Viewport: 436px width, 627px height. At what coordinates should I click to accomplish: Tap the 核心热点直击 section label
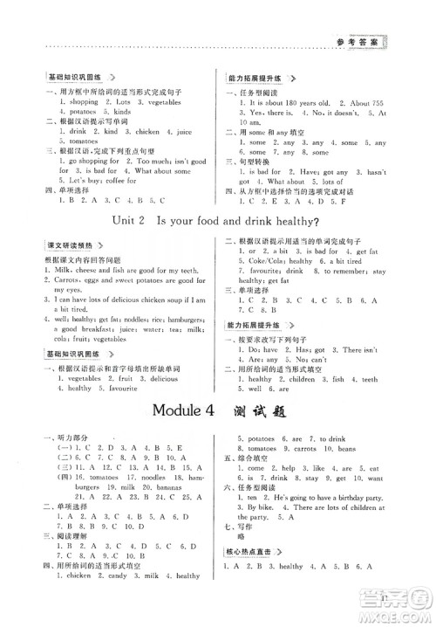coord(252,575)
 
